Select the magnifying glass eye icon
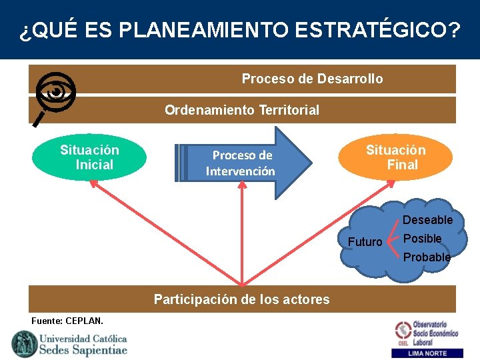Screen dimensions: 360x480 point(55,93)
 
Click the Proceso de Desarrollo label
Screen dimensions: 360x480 point(312,79)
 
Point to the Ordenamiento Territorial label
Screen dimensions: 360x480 point(242,110)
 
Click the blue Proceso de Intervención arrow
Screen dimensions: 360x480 point(243,163)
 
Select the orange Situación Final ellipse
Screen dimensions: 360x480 point(395,157)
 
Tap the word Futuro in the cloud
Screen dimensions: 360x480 point(365,242)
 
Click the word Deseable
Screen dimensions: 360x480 point(427,220)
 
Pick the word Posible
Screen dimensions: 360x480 point(423,239)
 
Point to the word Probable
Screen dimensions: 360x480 point(427,257)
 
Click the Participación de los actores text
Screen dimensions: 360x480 point(241,299)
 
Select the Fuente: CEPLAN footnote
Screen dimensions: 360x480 point(67,321)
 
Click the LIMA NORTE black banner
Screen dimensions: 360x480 point(428,353)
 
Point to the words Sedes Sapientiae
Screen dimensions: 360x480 point(83,350)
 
